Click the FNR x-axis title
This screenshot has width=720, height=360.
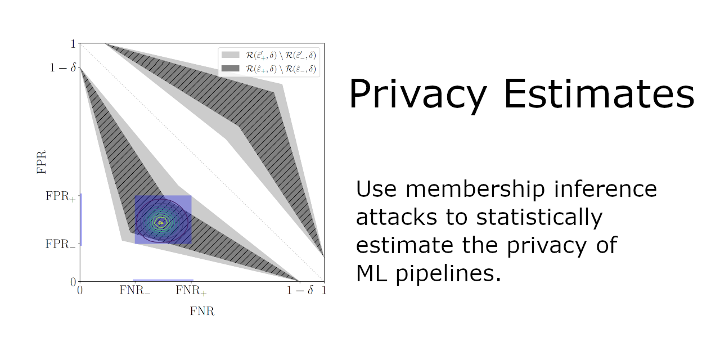click(x=202, y=311)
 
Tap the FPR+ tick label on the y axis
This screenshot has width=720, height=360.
click(x=60, y=197)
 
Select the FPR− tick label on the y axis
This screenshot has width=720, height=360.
click(x=60, y=245)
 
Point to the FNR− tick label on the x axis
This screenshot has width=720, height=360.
click(x=134, y=291)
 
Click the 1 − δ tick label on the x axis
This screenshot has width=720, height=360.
click(x=300, y=291)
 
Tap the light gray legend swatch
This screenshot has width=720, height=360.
click(x=230, y=55)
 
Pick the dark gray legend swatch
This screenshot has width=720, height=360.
click(x=230, y=69)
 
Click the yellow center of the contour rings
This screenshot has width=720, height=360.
click(x=161, y=222)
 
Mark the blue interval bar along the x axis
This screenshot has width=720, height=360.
click(x=163, y=280)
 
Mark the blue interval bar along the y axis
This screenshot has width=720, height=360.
click(x=80, y=219)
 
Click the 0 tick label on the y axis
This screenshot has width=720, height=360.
click(x=73, y=281)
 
